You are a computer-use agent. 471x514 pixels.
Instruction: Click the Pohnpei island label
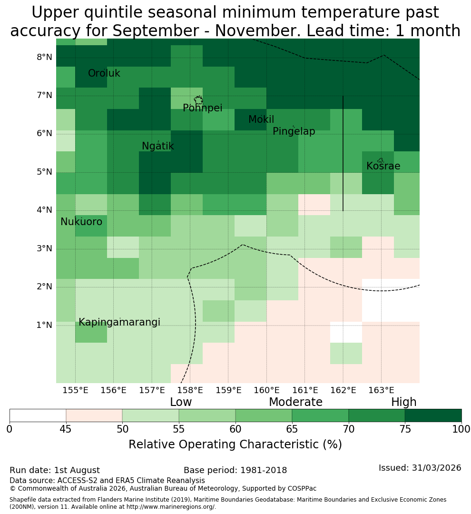(202, 108)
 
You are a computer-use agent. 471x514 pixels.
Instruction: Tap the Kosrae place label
(383, 166)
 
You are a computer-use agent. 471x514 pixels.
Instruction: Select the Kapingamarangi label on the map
(119, 322)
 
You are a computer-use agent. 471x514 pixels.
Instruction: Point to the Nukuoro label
(81, 222)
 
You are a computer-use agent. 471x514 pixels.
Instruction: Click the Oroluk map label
(104, 73)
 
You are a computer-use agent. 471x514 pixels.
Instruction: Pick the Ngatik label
(157, 146)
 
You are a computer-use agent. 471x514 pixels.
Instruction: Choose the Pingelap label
(294, 131)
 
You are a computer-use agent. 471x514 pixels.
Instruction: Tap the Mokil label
(261, 119)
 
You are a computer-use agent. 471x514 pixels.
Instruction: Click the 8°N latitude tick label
(44, 58)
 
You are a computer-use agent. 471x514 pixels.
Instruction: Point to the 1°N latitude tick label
(44, 325)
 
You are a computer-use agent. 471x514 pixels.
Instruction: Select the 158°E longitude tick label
(190, 390)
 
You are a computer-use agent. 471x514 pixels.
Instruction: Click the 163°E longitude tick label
(381, 390)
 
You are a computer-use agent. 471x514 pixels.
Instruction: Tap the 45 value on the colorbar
(66, 429)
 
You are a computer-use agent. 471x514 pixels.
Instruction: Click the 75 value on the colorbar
(405, 429)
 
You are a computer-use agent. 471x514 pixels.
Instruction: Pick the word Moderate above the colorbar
(295, 402)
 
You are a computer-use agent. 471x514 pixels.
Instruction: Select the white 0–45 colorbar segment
(38, 415)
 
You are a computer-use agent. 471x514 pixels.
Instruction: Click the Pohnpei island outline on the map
(198, 99)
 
